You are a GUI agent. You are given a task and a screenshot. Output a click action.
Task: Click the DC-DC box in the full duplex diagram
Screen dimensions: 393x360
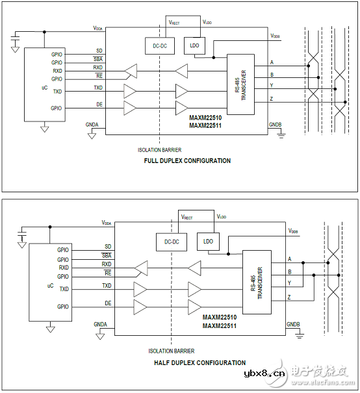pos(159,45)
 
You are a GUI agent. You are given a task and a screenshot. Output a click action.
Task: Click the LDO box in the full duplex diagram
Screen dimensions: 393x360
pos(194,45)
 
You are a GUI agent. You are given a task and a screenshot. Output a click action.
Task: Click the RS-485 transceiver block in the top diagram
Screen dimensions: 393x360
pos(240,84)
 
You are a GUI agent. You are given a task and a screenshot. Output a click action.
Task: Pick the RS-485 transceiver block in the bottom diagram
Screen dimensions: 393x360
pos(256,281)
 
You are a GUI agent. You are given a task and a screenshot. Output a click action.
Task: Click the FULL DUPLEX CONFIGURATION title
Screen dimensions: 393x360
pos(187,160)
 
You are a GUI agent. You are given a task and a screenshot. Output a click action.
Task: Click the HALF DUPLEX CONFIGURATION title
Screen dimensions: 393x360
pos(200,362)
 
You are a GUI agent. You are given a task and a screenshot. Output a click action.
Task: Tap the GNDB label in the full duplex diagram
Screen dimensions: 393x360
pos(276,124)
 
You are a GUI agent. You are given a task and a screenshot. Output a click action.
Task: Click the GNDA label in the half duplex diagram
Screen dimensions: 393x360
pos(101,323)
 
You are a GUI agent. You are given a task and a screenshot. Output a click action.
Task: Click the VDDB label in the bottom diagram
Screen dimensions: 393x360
pos(294,231)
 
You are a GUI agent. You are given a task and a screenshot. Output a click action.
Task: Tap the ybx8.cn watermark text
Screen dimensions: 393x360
pos(263,374)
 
